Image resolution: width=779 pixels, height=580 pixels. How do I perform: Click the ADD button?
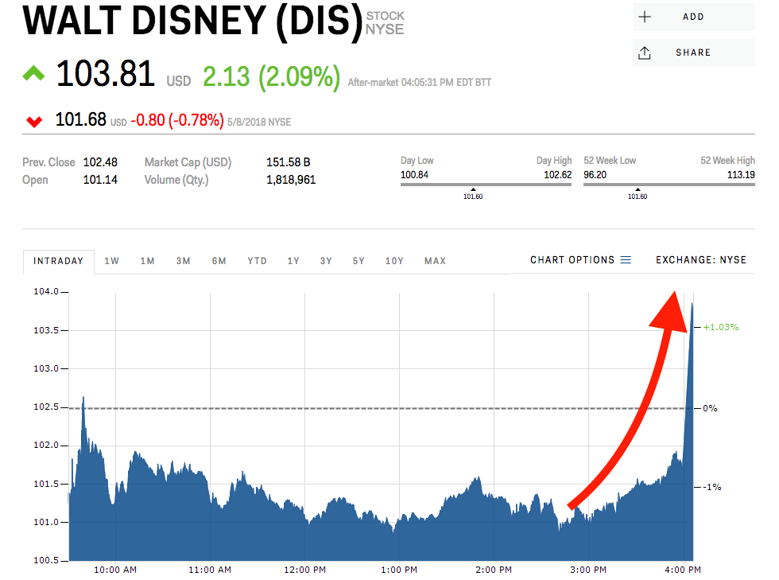pyautogui.click(x=693, y=17)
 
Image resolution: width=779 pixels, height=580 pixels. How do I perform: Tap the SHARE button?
pyautogui.click(x=693, y=53)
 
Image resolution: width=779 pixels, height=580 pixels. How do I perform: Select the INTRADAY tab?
pyautogui.click(x=59, y=261)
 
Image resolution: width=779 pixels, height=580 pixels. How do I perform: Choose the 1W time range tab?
pyautogui.click(x=112, y=261)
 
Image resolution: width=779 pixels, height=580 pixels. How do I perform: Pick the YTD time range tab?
pyautogui.click(x=257, y=261)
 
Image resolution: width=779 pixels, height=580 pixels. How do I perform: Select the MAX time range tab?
pyautogui.click(x=435, y=261)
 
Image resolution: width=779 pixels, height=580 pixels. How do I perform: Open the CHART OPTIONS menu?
pyautogui.click(x=580, y=260)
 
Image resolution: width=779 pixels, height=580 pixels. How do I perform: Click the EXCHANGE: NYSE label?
pyautogui.click(x=701, y=260)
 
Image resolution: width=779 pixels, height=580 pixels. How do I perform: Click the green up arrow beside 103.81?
pyautogui.click(x=33, y=74)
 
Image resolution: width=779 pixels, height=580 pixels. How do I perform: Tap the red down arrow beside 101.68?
pyautogui.click(x=34, y=122)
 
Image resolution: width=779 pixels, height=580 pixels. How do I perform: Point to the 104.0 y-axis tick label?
pyautogui.click(x=45, y=292)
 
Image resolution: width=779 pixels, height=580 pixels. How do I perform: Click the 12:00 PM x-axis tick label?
pyautogui.click(x=305, y=570)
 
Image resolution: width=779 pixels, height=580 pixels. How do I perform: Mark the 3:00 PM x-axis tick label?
pyautogui.click(x=588, y=570)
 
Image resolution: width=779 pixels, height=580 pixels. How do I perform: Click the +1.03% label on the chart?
pyautogui.click(x=721, y=327)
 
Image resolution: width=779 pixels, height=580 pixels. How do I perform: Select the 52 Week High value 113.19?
pyautogui.click(x=741, y=174)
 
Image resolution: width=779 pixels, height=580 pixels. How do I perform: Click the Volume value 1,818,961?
pyautogui.click(x=291, y=180)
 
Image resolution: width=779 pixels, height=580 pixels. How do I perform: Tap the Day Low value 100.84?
pyautogui.click(x=413, y=174)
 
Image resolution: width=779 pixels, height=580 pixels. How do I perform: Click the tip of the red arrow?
pyautogui.click(x=675, y=294)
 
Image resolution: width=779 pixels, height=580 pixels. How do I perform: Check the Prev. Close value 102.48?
pyautogui.click(x=100, y=162)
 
